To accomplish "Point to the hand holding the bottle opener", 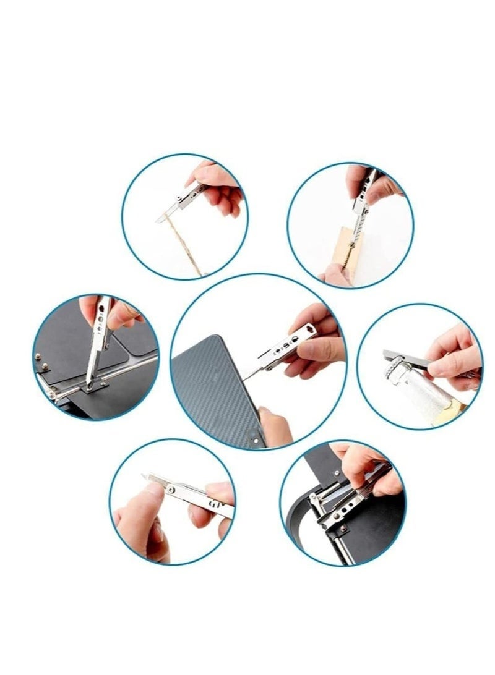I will [455, 359].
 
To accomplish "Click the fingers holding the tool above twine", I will [220, 189].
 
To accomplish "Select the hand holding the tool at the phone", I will [316, 346].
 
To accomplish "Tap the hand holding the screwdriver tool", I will [111, 312].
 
